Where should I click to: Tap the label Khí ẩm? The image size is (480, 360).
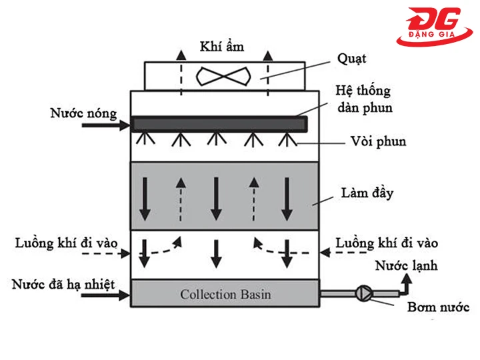(x=223, y=46)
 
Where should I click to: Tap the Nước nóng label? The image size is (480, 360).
(x=82, y=113)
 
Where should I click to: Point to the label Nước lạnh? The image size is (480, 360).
(x=406, y=266)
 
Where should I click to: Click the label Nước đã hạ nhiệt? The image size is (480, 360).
(x=63, y=285)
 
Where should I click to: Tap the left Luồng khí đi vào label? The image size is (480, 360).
(x=63, y=242)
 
